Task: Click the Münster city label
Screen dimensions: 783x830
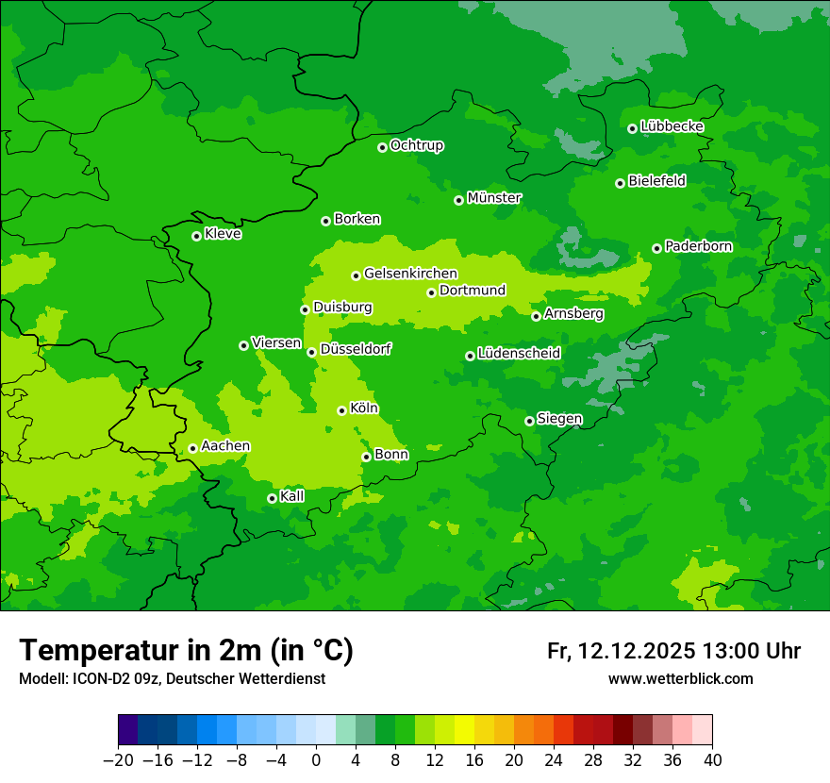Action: coord(494,198)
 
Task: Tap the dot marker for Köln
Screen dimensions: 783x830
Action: coord(341,410)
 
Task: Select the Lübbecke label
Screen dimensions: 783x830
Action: coord(672,126)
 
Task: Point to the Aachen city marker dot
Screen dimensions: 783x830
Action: coord(192,448)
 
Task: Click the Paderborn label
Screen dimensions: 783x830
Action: coord(698,246)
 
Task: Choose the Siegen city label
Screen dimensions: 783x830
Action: coord(559,419)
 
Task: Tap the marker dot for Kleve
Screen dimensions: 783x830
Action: coord(196,236)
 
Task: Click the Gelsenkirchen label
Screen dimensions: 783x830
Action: coord(410,274)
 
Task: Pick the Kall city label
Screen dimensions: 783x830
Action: coord(291,496)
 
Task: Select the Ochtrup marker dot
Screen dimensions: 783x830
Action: coord(382,147)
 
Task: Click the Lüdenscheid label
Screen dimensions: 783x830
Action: coord(519,354)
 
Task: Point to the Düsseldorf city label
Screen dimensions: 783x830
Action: coord(356,349)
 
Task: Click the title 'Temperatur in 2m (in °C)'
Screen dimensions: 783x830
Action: coord(187,650)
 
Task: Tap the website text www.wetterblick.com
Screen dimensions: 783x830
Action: coord(680,679)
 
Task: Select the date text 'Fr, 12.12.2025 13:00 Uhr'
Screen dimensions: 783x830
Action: coord(673,651)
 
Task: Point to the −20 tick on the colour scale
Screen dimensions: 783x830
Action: coord(118,760)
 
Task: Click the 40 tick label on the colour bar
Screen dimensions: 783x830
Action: coord(712,760)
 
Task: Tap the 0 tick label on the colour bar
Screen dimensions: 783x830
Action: coord(316,760)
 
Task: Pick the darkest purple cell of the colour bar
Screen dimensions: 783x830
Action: coord(127,730)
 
